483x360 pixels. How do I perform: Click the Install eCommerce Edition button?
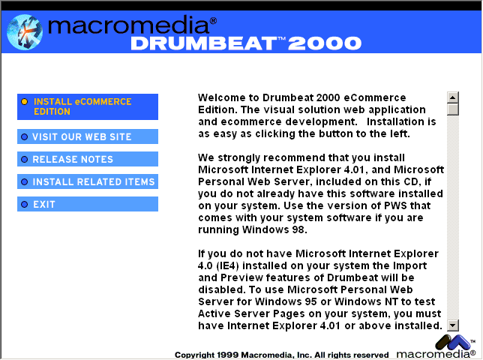[88, 106]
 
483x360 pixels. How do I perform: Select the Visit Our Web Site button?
[88, 136]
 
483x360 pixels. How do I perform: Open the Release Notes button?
[88, 159]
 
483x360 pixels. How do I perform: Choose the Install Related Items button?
[88, 181]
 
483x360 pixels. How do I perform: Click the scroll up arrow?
[453, 97]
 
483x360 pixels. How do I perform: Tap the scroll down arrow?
[453, 325]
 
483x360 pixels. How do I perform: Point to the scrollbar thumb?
[453, 109]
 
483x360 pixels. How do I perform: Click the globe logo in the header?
[25, 32]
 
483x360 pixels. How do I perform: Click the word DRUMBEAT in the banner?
[204, 43]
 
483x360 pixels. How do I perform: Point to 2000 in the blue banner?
[325, 43]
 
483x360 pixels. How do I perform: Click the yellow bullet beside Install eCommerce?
[24, 102]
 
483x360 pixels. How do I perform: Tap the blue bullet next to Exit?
[24, 204]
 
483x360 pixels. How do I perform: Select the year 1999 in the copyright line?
[228, 355]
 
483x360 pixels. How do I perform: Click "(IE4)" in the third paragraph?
[228, 265]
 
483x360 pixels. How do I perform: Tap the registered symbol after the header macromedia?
[213, 21]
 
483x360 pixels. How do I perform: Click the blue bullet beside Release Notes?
[24, 159]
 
